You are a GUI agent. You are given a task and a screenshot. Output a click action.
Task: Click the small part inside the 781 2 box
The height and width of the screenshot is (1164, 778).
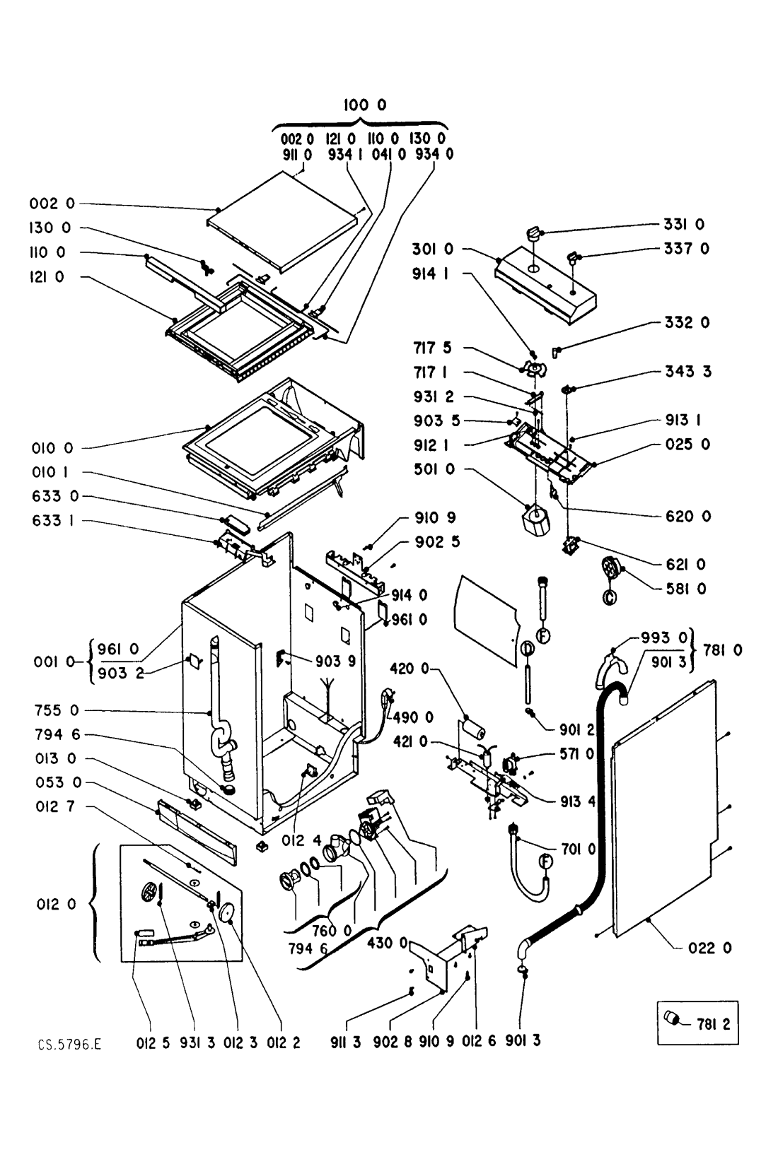(673, 1019)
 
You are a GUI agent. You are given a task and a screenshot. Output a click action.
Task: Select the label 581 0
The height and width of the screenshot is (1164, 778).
(690, 588)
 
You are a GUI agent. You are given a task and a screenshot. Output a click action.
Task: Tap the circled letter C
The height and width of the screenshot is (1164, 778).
(608, 599)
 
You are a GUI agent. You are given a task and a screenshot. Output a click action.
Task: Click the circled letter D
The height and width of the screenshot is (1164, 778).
(527, 649)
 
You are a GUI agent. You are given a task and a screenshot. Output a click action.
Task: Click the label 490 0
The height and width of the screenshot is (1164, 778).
(414, 717)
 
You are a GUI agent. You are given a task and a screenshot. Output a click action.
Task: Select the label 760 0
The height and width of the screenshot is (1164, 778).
(332, 931)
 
